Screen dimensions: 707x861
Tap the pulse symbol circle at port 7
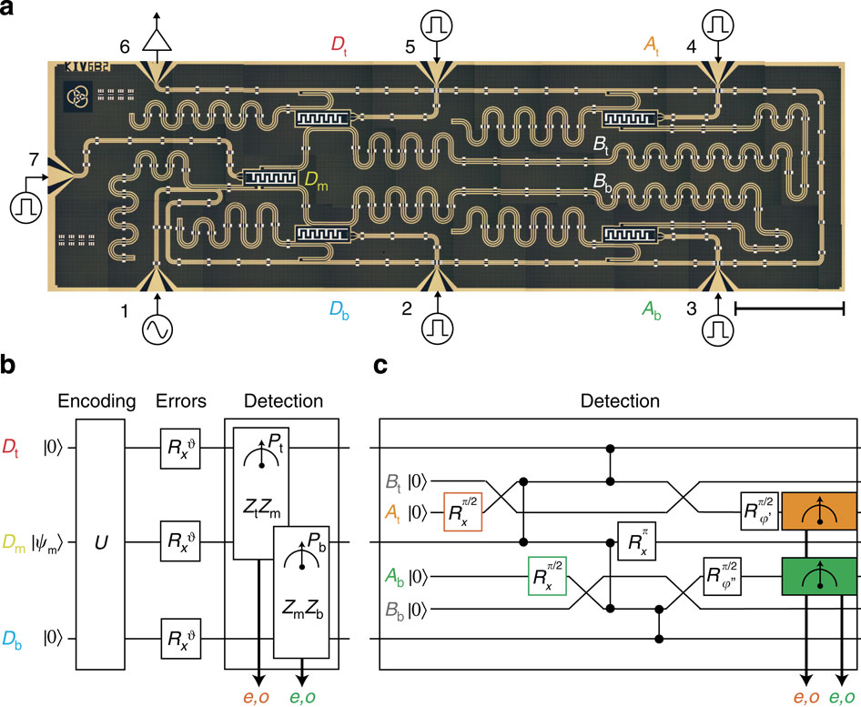[25, 206]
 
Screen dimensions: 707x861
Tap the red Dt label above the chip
[339, 43]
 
